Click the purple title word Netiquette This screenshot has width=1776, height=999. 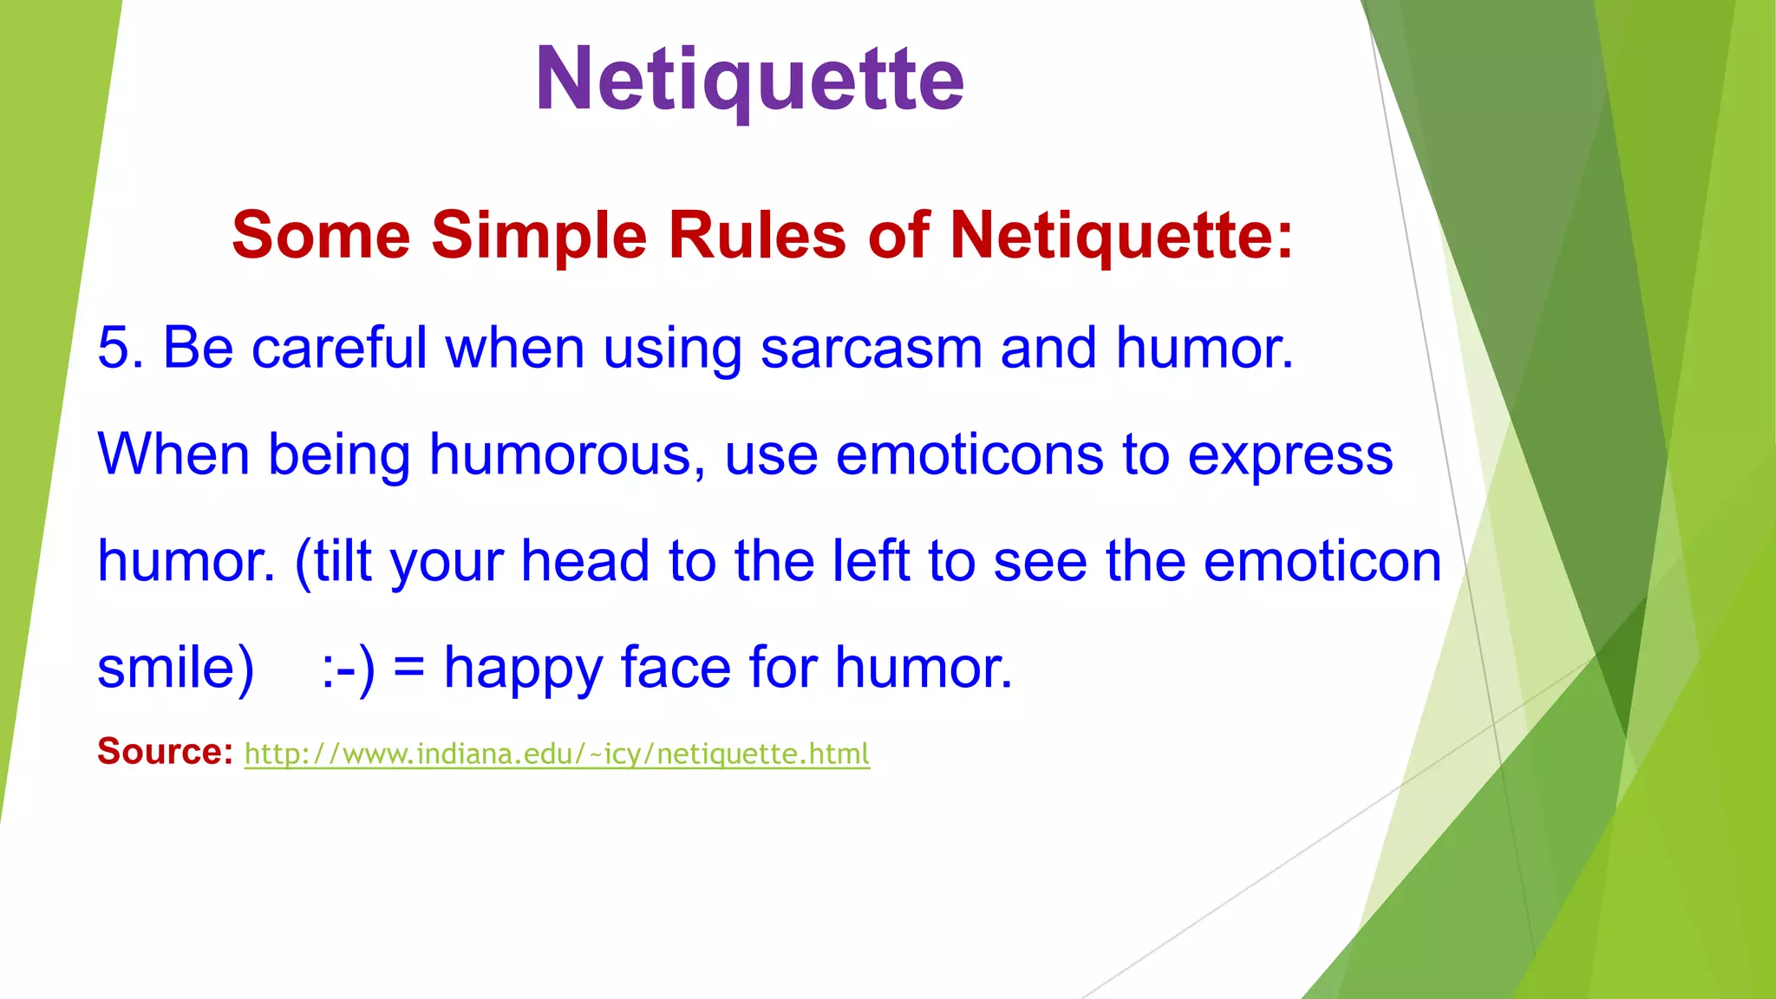(749, 80)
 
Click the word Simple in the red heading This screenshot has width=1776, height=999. (539, 235)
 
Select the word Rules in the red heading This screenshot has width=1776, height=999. (757, 235)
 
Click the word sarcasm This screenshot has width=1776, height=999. (871, 348)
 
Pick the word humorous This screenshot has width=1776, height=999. (567, 454)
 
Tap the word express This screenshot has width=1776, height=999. (1290, 456)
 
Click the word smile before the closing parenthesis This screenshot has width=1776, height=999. (165, 668)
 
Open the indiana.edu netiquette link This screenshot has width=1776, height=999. (557, 754)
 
